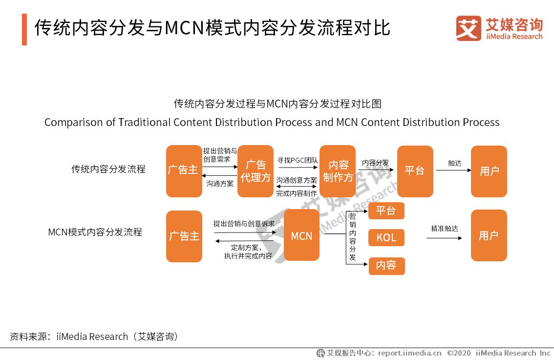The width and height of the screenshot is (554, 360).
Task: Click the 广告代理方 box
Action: pyautogui.click(x=255, y=171)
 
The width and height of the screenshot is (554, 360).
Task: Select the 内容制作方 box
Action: pyautogui.click(x=338, y=171)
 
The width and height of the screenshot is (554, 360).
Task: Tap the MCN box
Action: pyautogui.click(x=301, y=235)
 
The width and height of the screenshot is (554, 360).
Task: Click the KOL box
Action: pyautogui.click(x=386, y=238)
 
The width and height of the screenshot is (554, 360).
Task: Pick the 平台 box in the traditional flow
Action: pyautogui.click(x=415, y=171)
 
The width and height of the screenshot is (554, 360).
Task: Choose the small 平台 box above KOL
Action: pyautogui.click(x=386, y=211)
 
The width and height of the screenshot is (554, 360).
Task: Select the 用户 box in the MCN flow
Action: pyautogui.click(x=489, y=235)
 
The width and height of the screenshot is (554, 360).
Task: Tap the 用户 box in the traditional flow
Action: pyautogui.click(x=489, y=171)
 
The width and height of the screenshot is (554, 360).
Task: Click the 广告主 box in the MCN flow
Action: pyautogui.click(x=184, y=236)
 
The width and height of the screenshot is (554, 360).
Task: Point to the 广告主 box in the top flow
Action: pyautogui.click(x=184, y=171)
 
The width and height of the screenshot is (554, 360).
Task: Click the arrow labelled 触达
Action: pyautogui.click(x=453, y=170)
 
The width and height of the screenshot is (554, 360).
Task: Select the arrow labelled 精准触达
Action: pyautogui.click(x=444, y=238)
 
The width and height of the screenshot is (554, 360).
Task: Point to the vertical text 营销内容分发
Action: pyautogui.click(x=352, y=236)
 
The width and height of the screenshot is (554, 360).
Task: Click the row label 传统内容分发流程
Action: pyautogui.click(x=108, y=169)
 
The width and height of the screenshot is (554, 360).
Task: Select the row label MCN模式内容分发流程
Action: pyautogui.click(x=95, y=232)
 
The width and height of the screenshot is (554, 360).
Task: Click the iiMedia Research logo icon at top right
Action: pyautogui.click(x=468, y=28)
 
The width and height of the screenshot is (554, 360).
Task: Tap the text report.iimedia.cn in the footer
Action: pyautogui.click(x=409, y=353)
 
